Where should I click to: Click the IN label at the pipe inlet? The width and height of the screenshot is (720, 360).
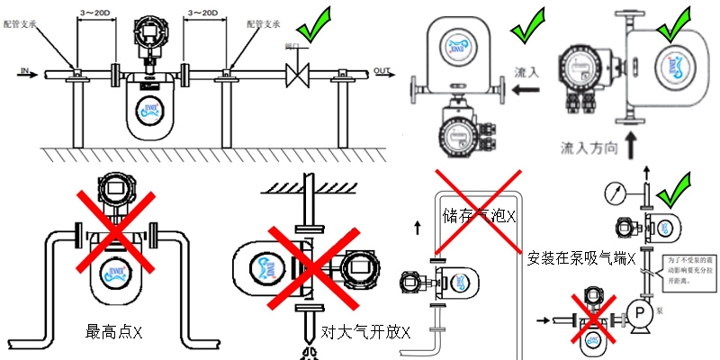24,67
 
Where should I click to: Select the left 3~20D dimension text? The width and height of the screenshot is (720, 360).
94,13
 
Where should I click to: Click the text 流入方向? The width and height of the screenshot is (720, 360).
590,145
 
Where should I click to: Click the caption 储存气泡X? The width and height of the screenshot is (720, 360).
479,216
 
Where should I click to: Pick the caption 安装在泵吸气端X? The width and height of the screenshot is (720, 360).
581,258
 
